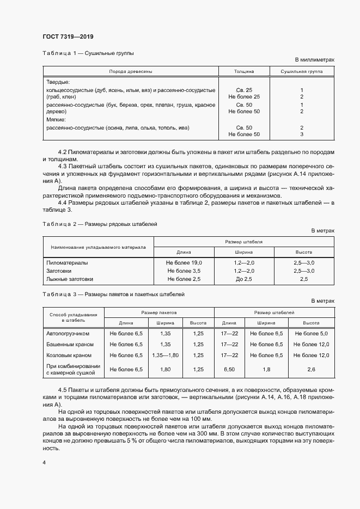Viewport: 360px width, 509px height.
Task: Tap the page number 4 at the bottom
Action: (x=44, y=462)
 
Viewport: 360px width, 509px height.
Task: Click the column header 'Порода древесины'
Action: (x=131, y=71)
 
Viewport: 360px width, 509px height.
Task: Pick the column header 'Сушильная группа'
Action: (x=301, y=71)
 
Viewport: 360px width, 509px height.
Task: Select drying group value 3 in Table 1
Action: (x=301, y=134)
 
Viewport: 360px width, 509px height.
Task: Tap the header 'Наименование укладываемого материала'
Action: (x=98, y=247)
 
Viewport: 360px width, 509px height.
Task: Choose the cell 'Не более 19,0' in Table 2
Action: (x=184, y=263)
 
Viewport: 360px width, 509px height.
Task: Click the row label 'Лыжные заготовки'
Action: (x=70, y=279)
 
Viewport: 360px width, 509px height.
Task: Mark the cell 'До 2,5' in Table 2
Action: (x=244, y=279)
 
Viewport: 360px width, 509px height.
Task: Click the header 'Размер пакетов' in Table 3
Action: (x=158, y=313)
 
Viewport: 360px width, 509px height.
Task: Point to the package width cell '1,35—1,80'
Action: (x=166, y=355)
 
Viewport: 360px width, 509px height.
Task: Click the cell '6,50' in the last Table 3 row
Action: (x=229, y=369)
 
